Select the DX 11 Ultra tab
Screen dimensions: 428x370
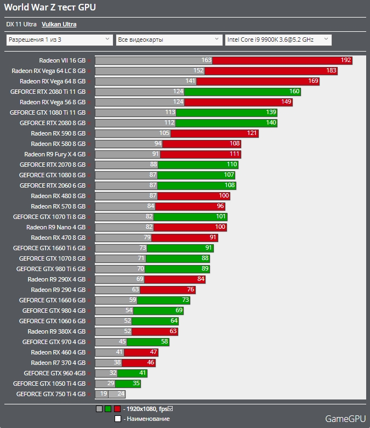21,24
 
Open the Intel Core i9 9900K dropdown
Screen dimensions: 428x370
278,40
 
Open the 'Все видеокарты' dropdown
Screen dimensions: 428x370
169,40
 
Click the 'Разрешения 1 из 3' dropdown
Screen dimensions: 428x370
59,40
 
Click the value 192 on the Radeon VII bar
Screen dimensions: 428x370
345,60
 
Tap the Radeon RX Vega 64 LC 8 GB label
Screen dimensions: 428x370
48,71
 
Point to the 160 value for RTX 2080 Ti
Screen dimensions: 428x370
294,92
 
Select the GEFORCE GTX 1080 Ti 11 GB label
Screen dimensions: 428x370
48,112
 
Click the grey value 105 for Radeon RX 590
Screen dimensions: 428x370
164,133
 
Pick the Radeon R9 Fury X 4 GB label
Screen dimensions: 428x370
55,154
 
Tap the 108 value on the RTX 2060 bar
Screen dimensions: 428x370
230,185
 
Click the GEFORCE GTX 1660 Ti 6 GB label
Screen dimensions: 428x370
49,248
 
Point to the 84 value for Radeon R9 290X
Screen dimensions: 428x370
201,279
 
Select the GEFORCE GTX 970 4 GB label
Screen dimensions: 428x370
54,342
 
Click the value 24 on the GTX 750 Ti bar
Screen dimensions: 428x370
121,394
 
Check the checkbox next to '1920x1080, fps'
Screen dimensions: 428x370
170,408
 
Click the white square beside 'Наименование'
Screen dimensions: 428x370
118,419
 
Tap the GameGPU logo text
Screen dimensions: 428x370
345,419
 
